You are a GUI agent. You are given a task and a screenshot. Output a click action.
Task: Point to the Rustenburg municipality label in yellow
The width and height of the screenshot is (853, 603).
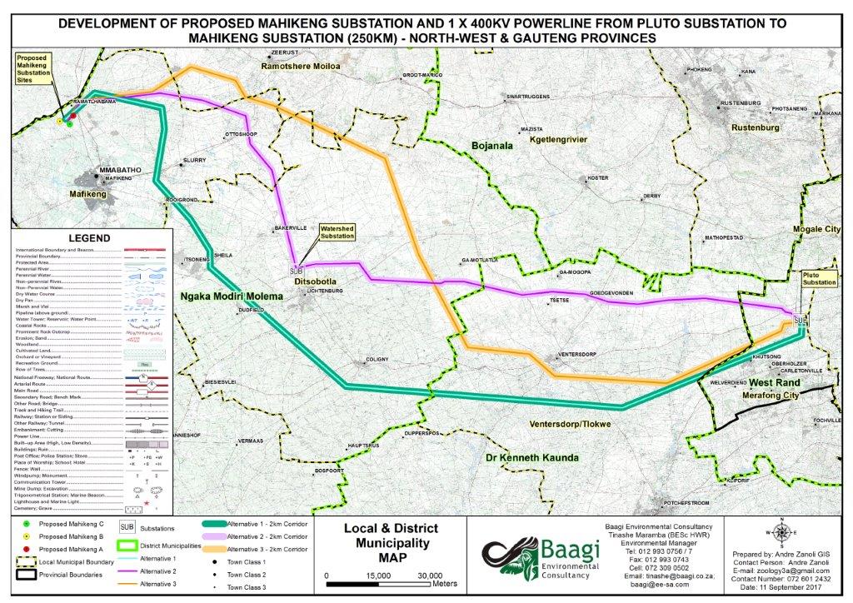coord(755,128)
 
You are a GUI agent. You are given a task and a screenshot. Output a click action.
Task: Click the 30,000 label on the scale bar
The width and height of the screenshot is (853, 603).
coord(430,576)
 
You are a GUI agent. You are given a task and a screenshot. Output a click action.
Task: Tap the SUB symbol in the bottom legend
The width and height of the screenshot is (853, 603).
coord(128,527)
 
